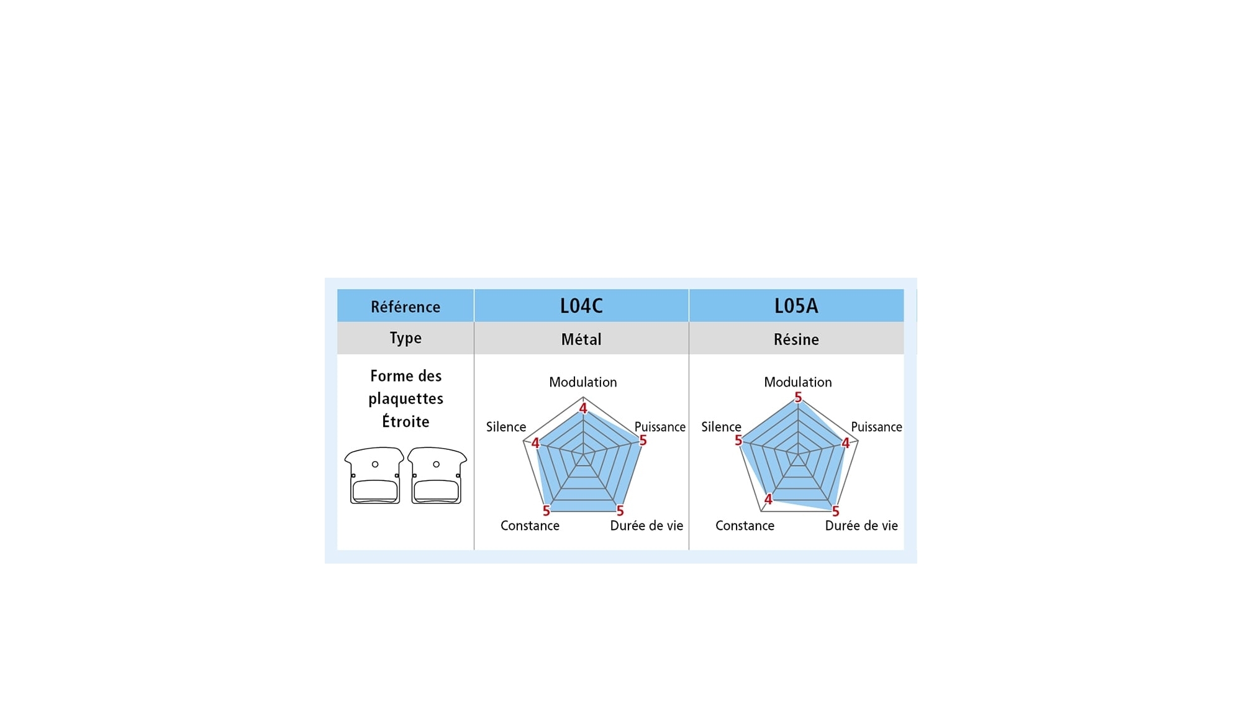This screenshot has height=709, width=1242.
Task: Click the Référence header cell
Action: click(406, 306)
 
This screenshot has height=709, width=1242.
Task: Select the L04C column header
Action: click(581, 306)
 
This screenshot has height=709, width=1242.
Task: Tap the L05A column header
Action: click(796, 306)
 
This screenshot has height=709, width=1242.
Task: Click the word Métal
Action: click(581, 339)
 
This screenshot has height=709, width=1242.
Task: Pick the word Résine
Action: click(796, 339)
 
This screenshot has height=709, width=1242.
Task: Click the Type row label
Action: click(406, 338)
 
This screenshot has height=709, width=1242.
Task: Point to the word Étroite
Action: click(406, 421)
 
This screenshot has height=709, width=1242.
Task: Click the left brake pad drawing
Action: click(374, 475)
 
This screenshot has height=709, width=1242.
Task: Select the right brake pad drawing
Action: click(437, 475)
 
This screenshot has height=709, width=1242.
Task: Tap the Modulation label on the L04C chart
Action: click(582, 382)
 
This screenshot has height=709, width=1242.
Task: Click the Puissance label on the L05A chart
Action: click(876, 427)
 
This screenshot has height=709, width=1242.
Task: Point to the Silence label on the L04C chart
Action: click(505, 427)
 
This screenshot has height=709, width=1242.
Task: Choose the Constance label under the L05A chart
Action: click(745, 526)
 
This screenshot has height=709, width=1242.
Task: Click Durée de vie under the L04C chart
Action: click(646, 526)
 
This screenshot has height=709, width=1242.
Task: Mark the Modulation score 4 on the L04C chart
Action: click(582, 408)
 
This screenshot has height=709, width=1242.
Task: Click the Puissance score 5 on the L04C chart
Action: click(643, 441)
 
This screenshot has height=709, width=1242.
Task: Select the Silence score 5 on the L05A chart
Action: click(738, 441)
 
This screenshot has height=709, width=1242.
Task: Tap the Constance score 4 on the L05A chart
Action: click(768, 499)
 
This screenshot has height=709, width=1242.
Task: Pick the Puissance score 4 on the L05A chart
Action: click(845, 443)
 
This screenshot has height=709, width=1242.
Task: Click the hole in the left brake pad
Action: click(375, 464)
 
